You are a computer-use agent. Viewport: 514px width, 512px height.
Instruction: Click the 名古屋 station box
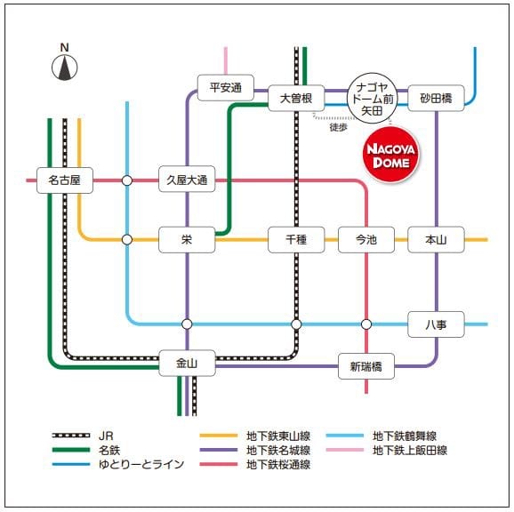65,180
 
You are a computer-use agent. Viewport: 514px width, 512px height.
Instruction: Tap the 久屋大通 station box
187,179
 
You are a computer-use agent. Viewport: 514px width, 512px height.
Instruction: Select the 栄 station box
187,240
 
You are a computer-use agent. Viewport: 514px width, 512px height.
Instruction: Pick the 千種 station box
296,240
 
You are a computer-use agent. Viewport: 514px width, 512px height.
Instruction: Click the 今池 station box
366,240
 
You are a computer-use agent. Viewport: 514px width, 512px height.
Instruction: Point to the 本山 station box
436,240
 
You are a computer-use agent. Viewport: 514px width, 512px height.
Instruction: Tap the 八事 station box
436,324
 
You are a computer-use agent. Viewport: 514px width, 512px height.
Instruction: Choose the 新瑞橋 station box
366,366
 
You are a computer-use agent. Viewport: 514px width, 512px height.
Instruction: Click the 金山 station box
187,363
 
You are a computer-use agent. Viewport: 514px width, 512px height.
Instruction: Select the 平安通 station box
226,87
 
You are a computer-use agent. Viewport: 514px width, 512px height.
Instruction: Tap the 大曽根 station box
296,99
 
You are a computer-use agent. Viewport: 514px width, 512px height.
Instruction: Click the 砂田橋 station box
436,99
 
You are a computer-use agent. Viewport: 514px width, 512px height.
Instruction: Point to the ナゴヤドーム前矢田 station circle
372,98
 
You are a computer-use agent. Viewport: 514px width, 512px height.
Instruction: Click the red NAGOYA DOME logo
390,155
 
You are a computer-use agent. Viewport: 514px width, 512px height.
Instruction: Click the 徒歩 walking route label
338,127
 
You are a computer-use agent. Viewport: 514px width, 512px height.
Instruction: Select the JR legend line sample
71,436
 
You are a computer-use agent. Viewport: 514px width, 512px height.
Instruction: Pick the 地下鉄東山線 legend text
278,436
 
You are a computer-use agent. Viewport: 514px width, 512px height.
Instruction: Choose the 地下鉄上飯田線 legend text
410,450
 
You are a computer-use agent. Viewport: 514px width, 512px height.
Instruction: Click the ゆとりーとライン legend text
141,464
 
